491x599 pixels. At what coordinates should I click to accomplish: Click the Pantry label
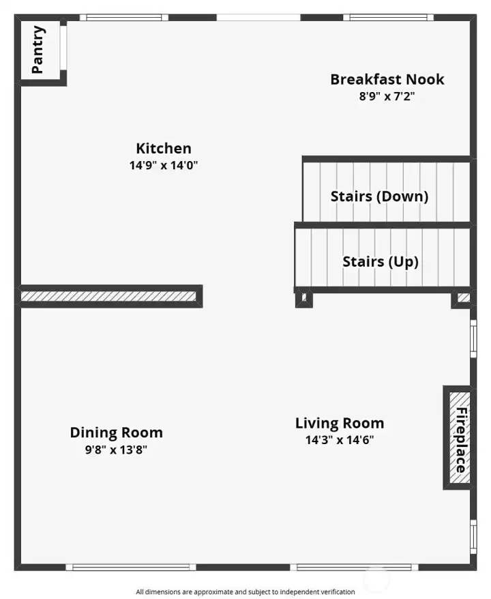(x=39, y=49)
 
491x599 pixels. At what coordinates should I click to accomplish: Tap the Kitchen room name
(x=164, y=148)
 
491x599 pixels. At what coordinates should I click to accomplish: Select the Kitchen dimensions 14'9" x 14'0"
(x=164, y=165)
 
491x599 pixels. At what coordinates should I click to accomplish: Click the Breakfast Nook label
(x=387, y=79)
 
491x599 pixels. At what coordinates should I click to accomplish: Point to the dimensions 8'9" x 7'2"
(x=387, y=96)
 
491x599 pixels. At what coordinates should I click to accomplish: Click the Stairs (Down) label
(x=379, y=196)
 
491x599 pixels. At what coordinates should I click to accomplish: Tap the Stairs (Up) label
(x=380, y=261)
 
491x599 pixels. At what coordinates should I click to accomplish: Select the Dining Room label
(x=116, y=433)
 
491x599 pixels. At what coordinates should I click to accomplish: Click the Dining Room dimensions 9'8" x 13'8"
(x=116, y=450)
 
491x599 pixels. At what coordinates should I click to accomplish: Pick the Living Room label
(x=339, y=423)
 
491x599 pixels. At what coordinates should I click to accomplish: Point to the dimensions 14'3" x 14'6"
(x=339, y=440)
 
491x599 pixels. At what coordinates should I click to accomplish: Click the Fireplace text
(x=461, y=440)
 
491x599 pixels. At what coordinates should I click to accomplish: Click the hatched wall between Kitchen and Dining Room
(x=109, y=296)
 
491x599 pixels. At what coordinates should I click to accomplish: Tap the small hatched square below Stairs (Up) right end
(x=463, y=297)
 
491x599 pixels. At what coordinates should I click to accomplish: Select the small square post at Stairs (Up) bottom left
(x=303, y=298)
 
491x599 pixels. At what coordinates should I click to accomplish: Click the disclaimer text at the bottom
(x=245, y=591)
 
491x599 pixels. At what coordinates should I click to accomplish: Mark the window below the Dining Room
(x=132, y=567)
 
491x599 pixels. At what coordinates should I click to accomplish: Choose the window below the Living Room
(x=354, y=567)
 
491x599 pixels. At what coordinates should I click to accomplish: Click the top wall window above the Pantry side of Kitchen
(x=123, y=17)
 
